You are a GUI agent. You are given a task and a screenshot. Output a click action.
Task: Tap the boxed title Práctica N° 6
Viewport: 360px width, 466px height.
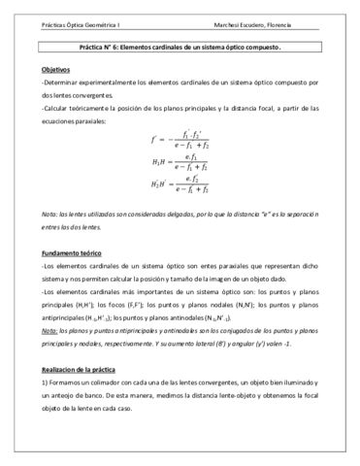[180, 47]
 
